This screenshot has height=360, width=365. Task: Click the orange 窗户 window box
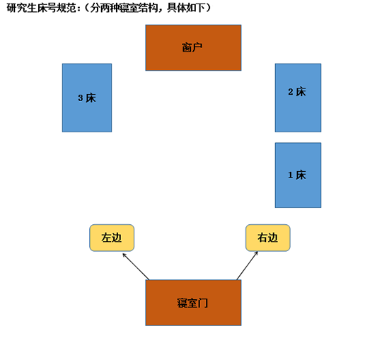(193, 47)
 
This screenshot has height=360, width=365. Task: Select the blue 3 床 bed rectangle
(87, 98)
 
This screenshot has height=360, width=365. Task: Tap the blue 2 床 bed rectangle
(298, 98)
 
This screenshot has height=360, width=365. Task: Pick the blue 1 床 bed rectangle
(298, 175)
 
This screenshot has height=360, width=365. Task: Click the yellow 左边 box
(112, 238)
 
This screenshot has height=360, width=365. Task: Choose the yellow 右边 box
(268, 238)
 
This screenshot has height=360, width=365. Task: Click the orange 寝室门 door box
(193, 303)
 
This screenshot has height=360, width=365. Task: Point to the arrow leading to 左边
(136, 267)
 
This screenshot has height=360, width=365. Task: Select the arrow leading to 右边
(247, 266)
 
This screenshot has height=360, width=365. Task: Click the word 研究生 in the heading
(22, 8)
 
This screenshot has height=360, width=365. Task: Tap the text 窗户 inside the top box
(192, 47)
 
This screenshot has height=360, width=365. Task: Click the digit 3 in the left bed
(81, 98)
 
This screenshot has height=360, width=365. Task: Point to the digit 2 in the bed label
(291, 92)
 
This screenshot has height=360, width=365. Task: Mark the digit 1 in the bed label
(291, 175)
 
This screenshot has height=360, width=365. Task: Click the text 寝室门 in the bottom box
(192, 303)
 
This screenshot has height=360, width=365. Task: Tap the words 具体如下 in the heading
(186, 8)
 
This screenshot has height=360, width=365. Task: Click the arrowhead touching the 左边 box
(124, 255)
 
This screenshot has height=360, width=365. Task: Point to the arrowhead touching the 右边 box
(257, 253)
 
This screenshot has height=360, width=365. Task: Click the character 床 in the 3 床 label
(91, 98)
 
